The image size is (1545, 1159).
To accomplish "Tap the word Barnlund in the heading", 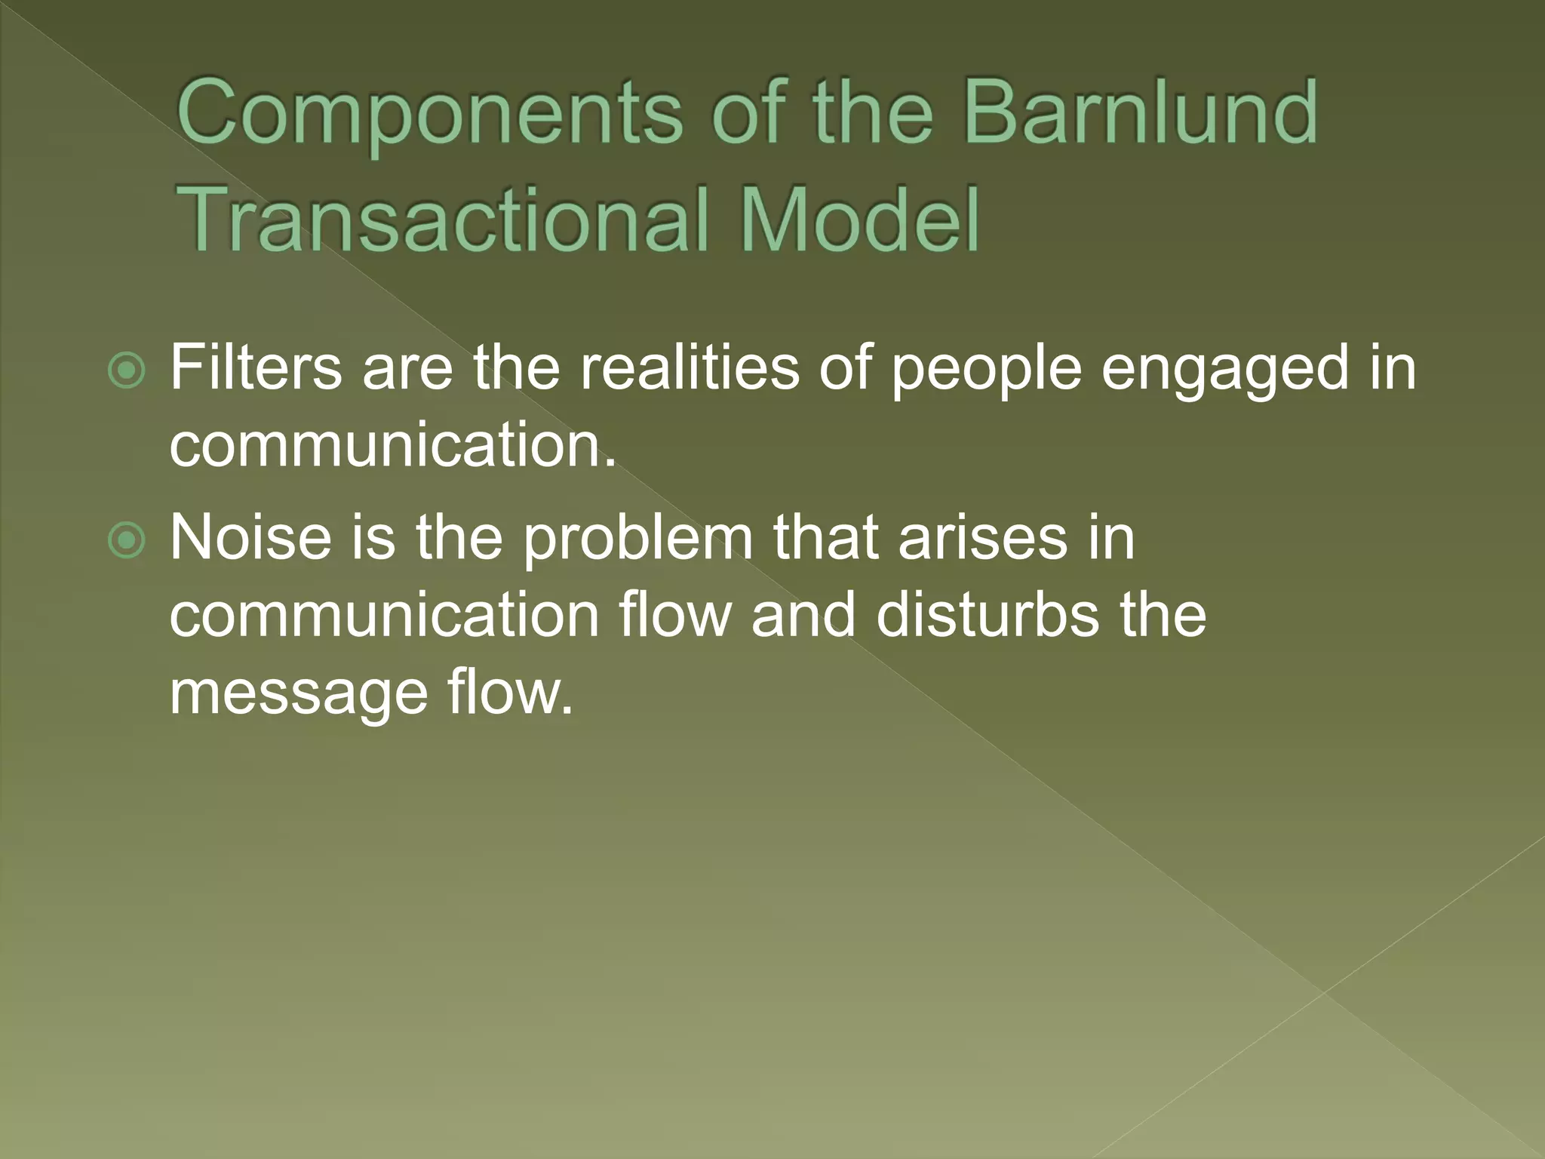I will tap(1141, 113).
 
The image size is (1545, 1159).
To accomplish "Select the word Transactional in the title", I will tap(445, 220).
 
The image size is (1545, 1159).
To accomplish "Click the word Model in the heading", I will tap(860, 220).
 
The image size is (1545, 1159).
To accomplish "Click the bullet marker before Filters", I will tap(126, 370).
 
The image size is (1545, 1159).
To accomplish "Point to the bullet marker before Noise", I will tap(126, 540).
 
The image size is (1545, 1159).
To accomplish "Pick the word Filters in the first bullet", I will tap(256, 367).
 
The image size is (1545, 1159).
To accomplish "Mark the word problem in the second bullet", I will tap(638, 540).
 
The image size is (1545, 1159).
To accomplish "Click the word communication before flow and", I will tap(384, 615).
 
